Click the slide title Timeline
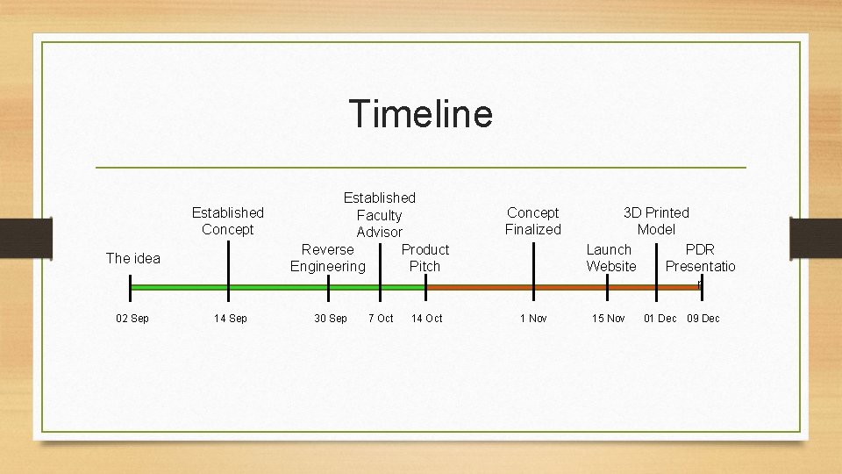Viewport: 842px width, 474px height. [421, 114]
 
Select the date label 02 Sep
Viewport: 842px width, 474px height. [132, 318]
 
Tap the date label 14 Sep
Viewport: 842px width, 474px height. [231, 318]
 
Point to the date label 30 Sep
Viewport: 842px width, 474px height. [331, 318]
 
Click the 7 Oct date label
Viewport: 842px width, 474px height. [381, 318]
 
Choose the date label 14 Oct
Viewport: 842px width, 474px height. [427, 318]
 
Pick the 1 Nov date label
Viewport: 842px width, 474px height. [533, 318]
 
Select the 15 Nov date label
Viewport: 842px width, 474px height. [609, 318]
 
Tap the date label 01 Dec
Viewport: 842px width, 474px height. [660, 318]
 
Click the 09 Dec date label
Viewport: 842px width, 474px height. [703, 318]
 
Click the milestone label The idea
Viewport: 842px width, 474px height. [133, 258]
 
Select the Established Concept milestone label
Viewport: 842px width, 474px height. [228, 221]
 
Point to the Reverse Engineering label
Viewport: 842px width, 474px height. [328, 258]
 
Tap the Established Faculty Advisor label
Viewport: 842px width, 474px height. [380, 215]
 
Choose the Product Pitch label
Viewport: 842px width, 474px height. [425, 258]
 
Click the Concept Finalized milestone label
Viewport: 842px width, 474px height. [533, 221]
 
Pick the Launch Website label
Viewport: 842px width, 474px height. [610, 258]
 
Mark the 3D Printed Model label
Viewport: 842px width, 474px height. [656, 221]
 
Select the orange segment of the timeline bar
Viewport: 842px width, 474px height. [561, 287]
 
